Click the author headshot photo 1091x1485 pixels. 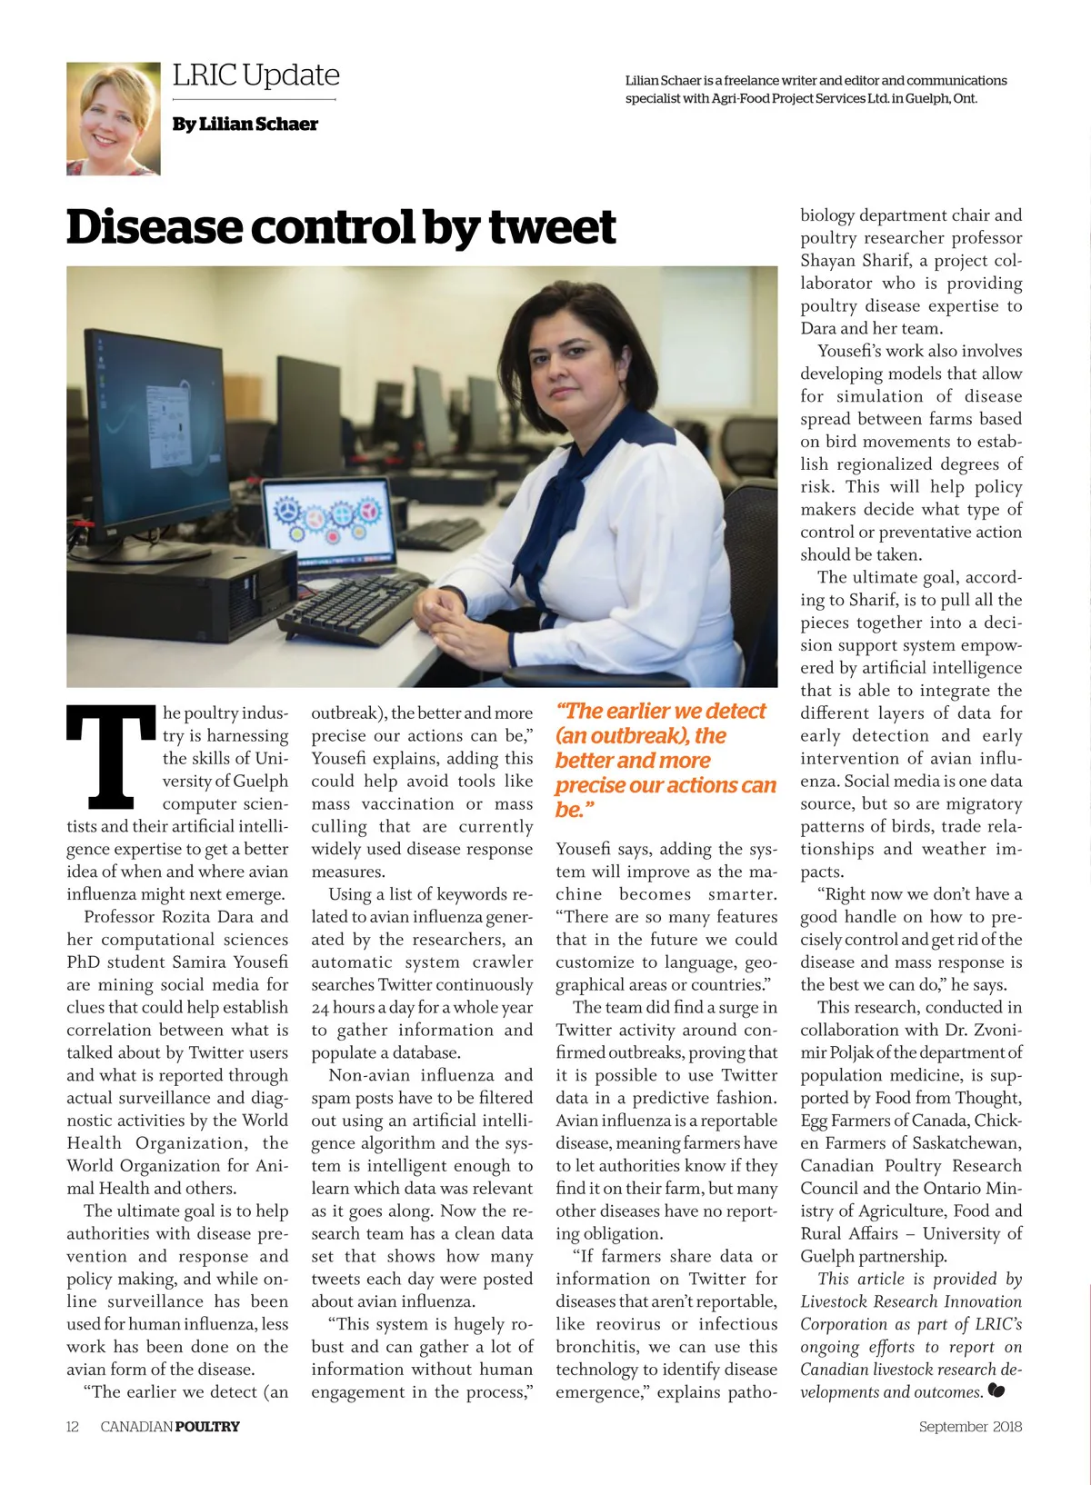(x=114, y=118)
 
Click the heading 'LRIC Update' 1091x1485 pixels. (x=255, y=75)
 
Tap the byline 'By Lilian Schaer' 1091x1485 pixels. (x=245, y=125)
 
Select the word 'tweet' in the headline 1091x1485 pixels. (x=552, y=227)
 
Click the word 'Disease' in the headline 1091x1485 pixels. (x=155, y=227)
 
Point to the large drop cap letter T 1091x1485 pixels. (x=111, y=757)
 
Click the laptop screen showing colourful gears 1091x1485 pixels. (x=328, y=520)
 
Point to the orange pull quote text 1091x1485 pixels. (x=665, y=760)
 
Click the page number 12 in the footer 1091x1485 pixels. (x=73, y=1426)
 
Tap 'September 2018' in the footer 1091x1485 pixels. (x=969, y=1426)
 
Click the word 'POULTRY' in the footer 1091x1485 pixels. (x=207, y=1426)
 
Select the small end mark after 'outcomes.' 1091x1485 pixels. (x=996, y=1390)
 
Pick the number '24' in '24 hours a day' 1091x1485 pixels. (x=320, y=1007)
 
